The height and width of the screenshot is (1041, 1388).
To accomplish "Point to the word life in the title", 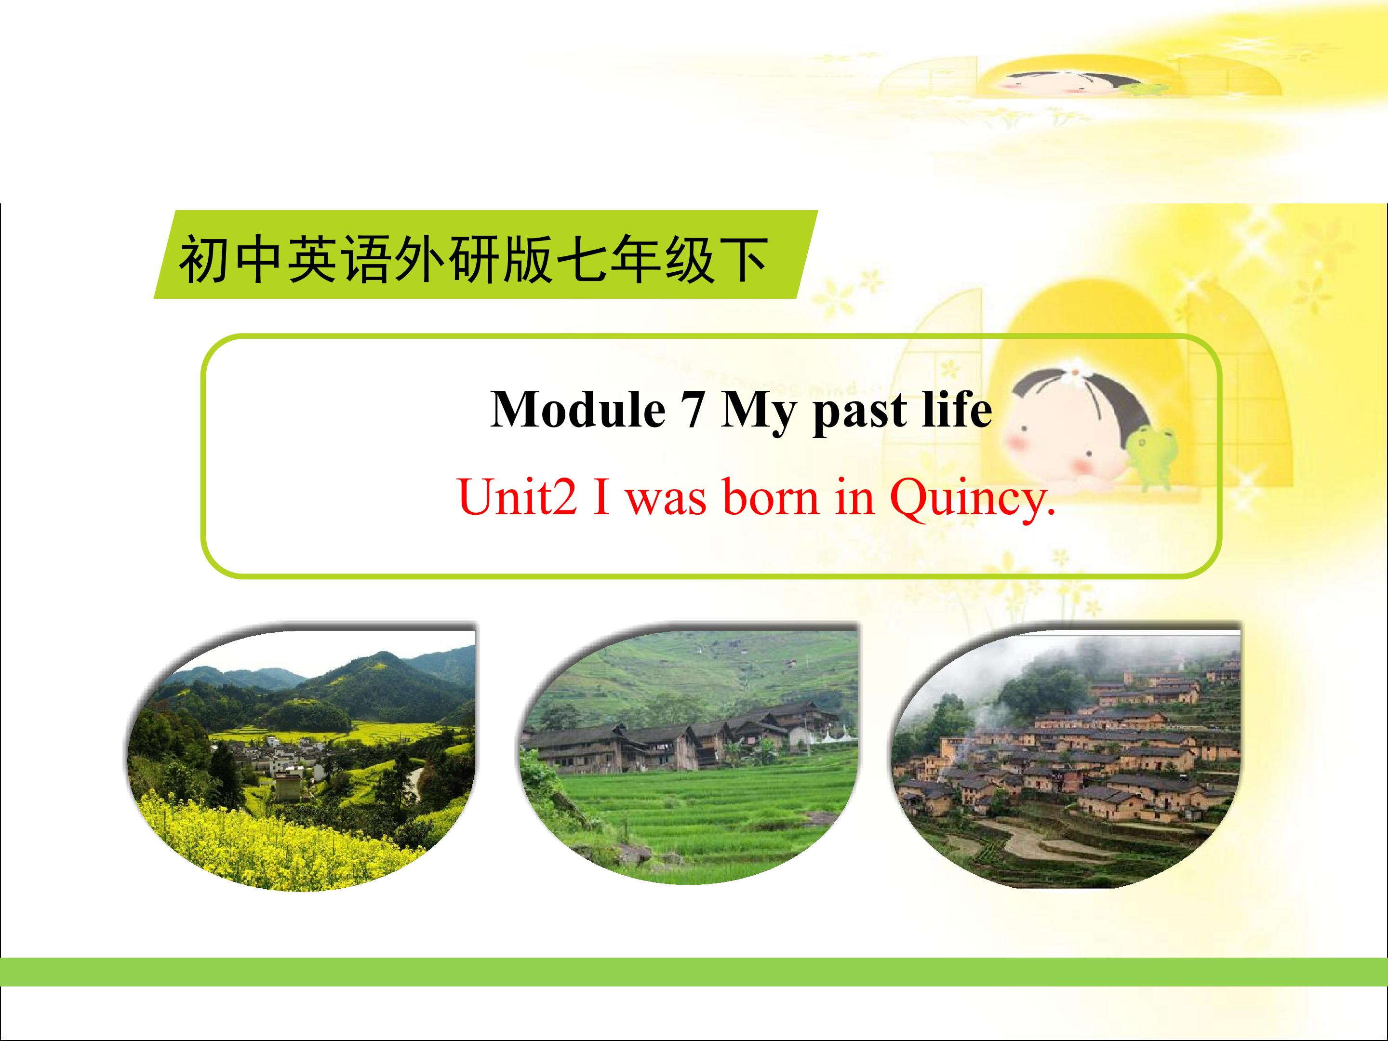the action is click(955, 409).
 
